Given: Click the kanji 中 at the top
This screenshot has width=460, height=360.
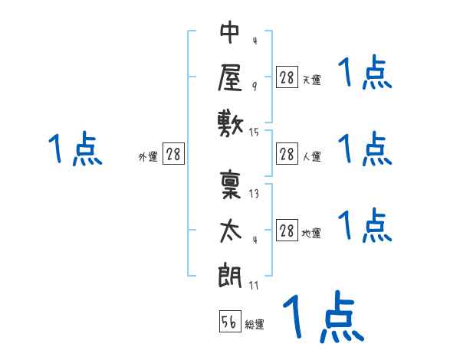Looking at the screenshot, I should click(230, 34).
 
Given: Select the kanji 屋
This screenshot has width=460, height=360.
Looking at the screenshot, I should click(230, 77).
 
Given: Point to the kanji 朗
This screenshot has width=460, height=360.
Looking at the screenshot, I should click(230, 275).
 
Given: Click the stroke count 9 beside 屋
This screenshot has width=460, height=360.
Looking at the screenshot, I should click(254, 86).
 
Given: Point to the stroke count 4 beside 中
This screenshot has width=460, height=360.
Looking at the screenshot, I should click(254, 41).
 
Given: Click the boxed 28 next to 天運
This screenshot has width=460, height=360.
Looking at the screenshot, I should click(287, 77).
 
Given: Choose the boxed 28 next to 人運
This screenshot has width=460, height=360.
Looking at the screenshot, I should click(287, 154).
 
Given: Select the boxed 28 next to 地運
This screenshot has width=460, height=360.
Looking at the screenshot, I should click(287, 231).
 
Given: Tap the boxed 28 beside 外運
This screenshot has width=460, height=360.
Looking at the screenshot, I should click(173, 154).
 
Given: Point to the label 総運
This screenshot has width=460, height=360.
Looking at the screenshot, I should click(255, 325).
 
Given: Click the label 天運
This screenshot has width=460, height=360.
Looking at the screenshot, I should click(311, 80).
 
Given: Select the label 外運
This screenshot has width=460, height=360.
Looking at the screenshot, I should click(148, 157).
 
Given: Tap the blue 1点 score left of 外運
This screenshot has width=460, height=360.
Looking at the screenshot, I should click(75, 149).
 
